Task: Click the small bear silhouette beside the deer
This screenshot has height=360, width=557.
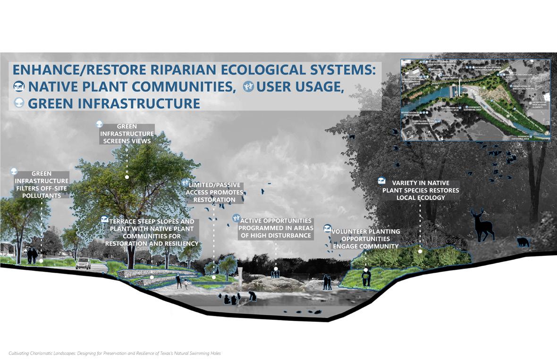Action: [x=523, y=243]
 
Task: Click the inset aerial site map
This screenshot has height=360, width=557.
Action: [x=475, y=100]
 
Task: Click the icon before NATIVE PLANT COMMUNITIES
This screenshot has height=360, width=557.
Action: [x=19, y=86]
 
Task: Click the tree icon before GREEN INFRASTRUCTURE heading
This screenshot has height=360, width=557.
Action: [x=19, y=103]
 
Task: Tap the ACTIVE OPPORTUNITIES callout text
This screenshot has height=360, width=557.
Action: [x=276, y=228]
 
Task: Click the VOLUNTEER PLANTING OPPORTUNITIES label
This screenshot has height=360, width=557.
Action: [x=365, y=239]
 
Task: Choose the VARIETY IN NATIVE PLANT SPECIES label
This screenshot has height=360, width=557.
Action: [x=420, y=190]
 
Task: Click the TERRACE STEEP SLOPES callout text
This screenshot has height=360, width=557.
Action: [x=152, y=232]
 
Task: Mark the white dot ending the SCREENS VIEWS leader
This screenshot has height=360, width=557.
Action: [x=127, y=177]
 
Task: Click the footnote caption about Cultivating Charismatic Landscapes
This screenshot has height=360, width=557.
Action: [x=115, y=353]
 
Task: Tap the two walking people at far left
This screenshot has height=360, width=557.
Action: [x=32, y=255]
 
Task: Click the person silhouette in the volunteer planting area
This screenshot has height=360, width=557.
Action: [x=366, y=277]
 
